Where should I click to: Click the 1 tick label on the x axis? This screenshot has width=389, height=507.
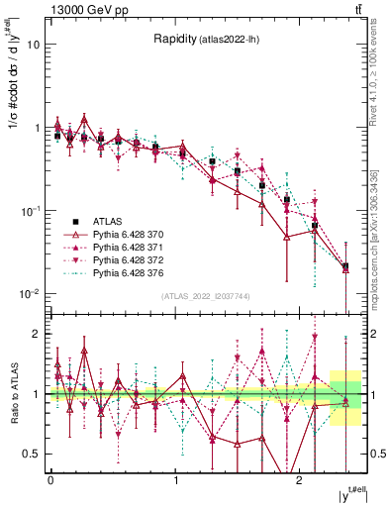coord(176,480)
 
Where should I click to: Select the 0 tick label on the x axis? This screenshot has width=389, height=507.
coord(50,480)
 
